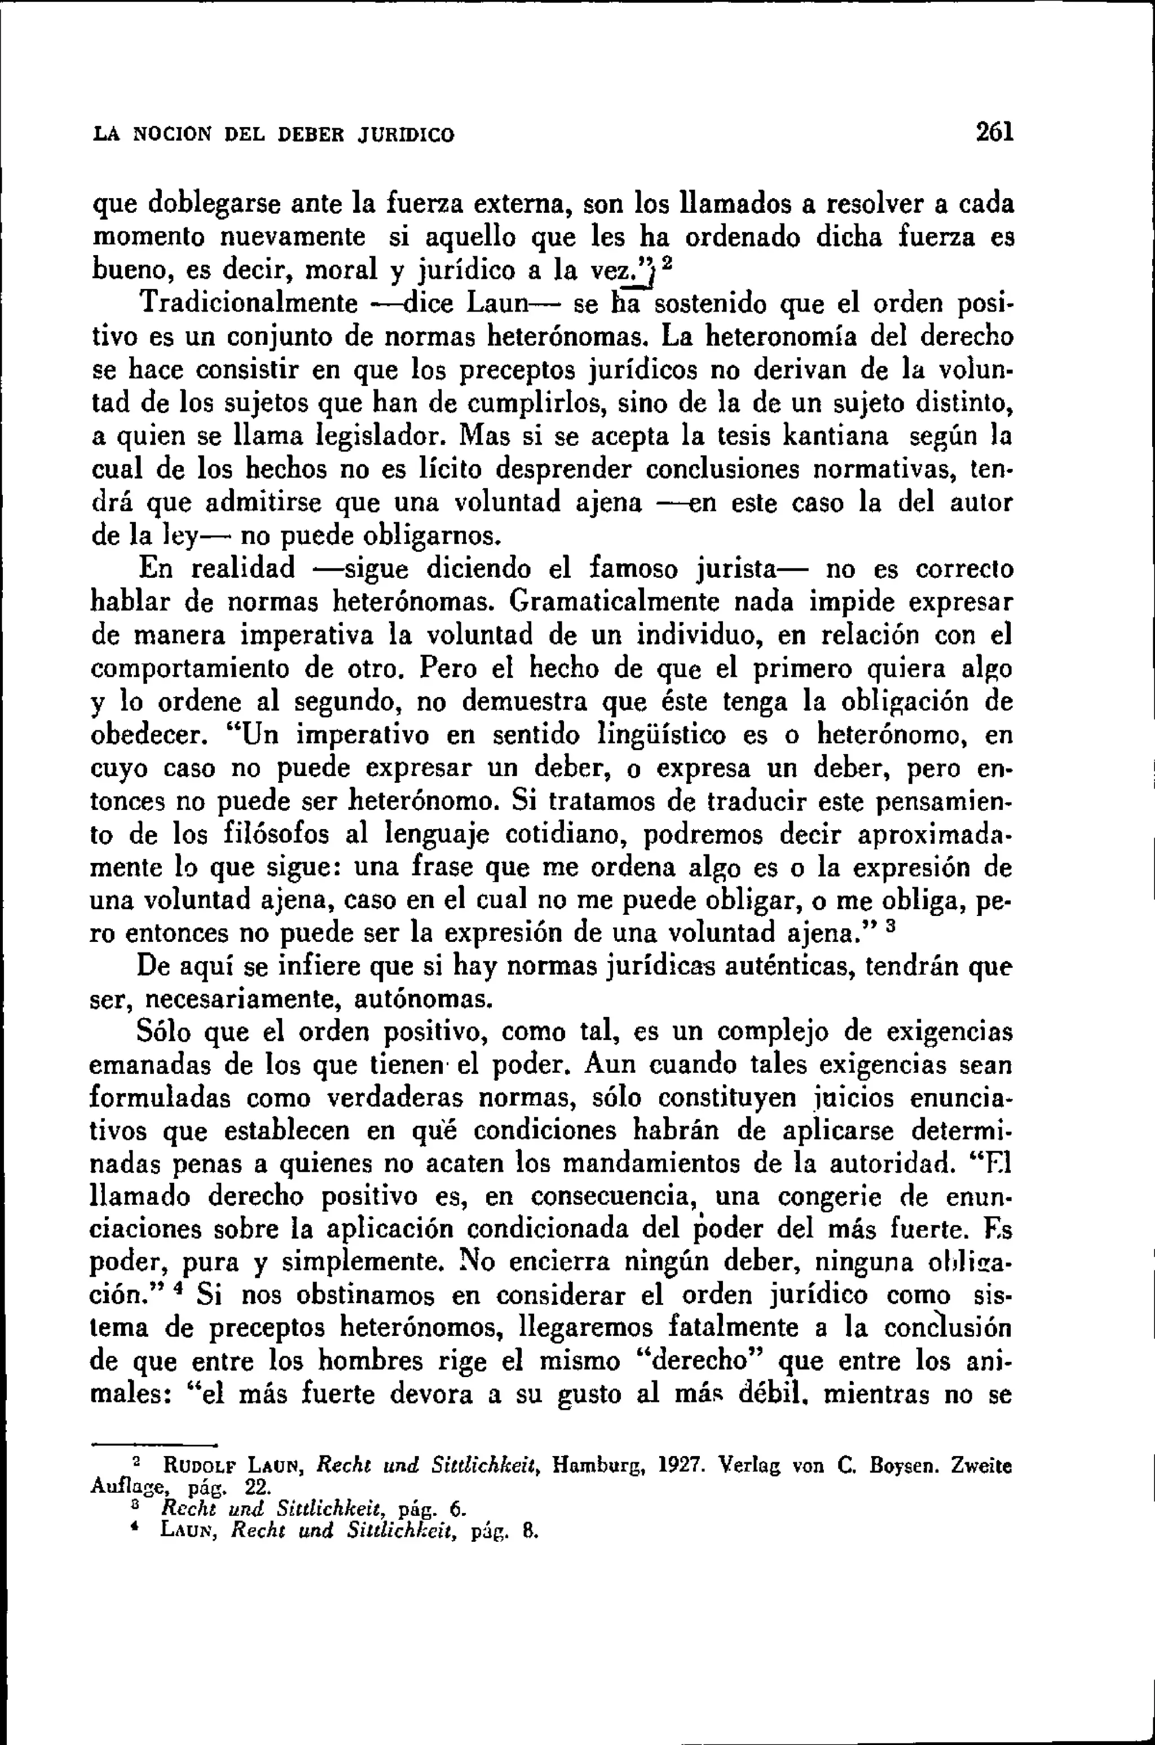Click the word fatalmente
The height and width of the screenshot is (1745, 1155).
(742, 1328)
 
